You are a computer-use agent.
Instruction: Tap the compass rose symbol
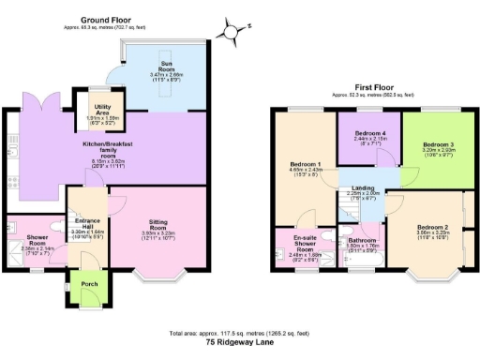(x=232, y=31)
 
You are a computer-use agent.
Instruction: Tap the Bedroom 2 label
(x=431, y=229)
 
